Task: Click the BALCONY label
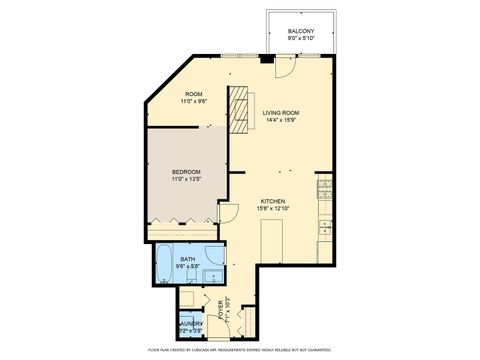pos(301,31)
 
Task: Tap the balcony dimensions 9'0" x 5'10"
pos(301,39)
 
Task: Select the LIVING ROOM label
pos(283,113)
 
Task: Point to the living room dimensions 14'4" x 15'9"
pos(283,121)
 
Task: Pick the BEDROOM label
pos(188,172)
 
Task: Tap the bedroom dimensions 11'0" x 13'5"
pos(188,180)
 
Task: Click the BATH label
pos(187,258)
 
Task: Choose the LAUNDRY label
pos(191,323)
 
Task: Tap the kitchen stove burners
pos(324,188)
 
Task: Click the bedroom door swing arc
pos(228,213)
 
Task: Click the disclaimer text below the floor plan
pos(240,350)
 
